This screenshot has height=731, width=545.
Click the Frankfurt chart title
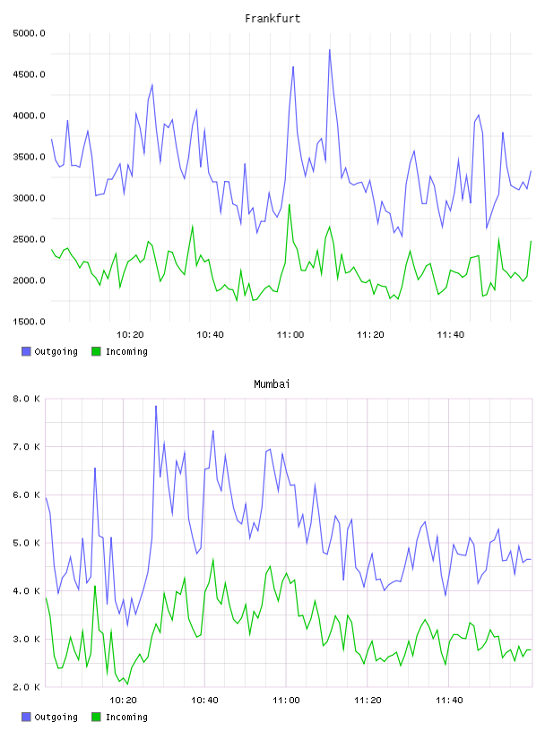pos(272,19)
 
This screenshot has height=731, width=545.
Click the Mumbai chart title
pos(272,384)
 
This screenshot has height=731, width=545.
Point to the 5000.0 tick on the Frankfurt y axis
pos(29,33)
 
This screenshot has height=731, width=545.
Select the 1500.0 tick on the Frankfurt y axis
pos(29,322)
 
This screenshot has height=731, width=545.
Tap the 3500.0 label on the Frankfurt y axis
pos(29,157)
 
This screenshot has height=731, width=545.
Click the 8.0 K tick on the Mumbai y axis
pos(26,399)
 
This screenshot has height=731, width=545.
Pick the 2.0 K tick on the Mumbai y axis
pos(26,687)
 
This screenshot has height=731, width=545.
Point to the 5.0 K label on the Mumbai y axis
pos(26,543)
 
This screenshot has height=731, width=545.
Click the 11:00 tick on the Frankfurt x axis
pos(290,335)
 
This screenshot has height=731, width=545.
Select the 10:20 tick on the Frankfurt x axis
pos(130,335)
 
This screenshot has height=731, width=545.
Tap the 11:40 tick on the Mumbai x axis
pos(449,701)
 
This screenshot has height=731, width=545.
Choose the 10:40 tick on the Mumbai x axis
pos(205,701)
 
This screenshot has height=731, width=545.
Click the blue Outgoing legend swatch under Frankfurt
pos(26,351)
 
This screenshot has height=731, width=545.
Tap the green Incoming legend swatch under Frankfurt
pos(96,351)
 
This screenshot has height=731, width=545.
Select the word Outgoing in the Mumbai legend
pos(56,717)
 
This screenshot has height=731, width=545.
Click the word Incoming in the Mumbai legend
pos(126,717)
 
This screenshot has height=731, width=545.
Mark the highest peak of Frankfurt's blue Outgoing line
pos(330,50)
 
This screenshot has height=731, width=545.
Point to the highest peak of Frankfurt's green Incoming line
pos(290,204)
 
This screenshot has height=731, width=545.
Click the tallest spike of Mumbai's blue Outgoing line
pos(156,406)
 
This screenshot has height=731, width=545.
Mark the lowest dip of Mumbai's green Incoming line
pos(127,684)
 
